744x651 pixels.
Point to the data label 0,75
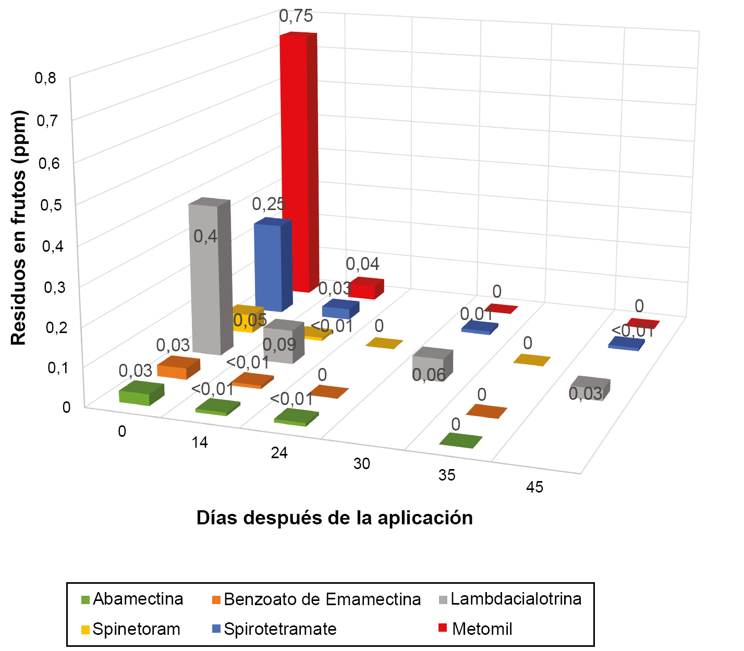(x=296, y=17)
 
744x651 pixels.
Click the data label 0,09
(x=279, y=345)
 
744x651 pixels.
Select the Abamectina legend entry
(x=133, y=599)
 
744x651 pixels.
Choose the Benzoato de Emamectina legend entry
(x=316, y=599)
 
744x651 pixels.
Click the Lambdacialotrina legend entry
(x=510, y=599)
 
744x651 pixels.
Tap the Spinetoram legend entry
(x=131, y=629)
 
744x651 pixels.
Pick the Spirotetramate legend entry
(x=275, y=629)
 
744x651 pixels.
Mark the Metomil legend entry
(x=476, y=629)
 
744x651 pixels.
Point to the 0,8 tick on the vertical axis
(x=45, y=78)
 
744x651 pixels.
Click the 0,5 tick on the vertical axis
(x=51, y=204)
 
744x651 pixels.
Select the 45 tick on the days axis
(x=535, y=487)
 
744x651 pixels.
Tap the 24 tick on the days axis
(x=279, y=453)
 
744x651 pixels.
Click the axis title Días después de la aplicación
(x=335, y=518)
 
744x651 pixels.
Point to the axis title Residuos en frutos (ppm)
(x=19, y=228)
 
